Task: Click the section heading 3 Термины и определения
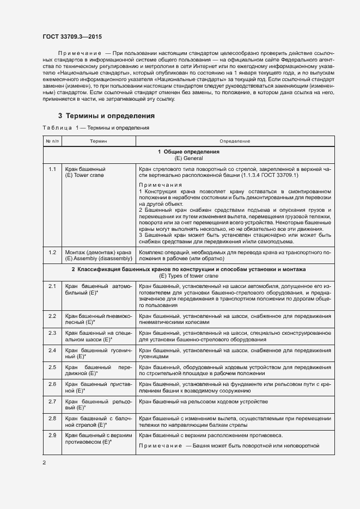107,116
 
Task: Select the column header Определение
235,141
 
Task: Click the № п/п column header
52,141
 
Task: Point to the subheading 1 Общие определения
188,151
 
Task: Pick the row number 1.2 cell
52,253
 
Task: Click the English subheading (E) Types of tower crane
188,276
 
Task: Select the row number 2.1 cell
52,286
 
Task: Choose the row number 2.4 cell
52,350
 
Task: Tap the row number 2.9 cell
52,435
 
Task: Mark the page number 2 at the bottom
44,463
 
